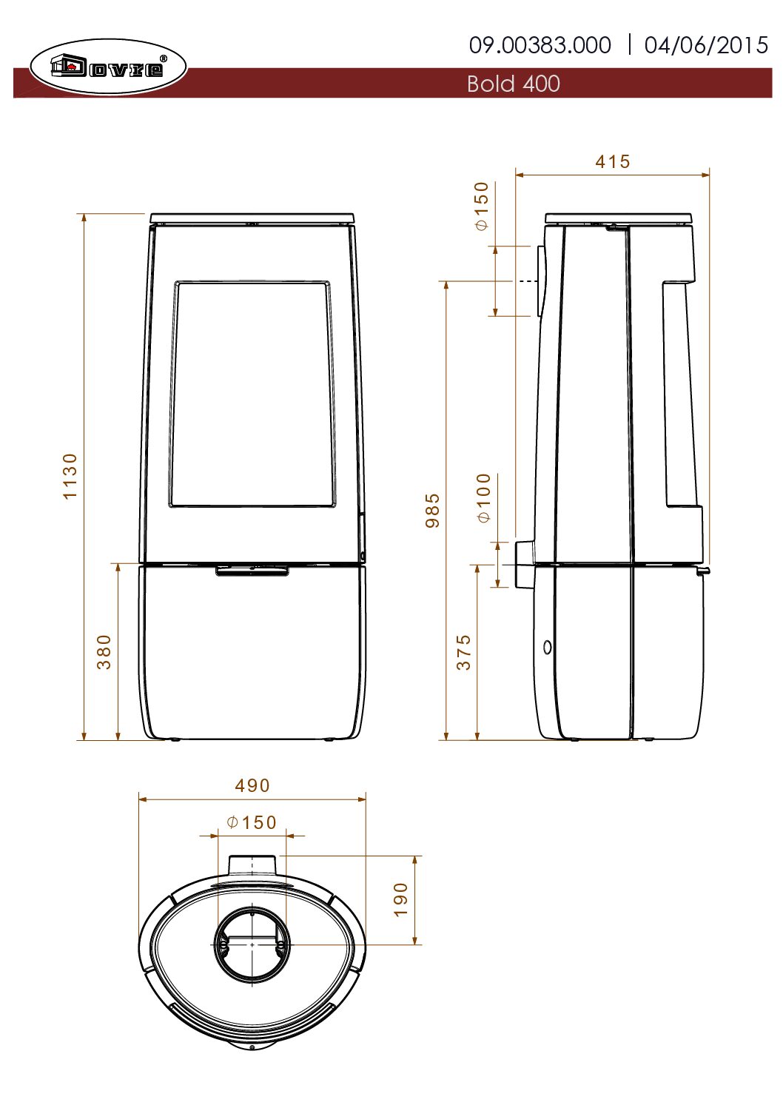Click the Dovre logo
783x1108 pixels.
click(108, 67)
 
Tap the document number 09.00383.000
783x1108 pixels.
click(540, 45)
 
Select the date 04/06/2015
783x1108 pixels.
click(706, 45)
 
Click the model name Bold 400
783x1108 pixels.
click(513, 84)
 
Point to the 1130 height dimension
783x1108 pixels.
click(71, 477)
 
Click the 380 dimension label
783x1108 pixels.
click(104, 652)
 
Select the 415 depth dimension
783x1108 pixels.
click(612, 162)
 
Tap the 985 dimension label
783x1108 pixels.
click(432, 511)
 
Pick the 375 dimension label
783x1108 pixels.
click(463, 652)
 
